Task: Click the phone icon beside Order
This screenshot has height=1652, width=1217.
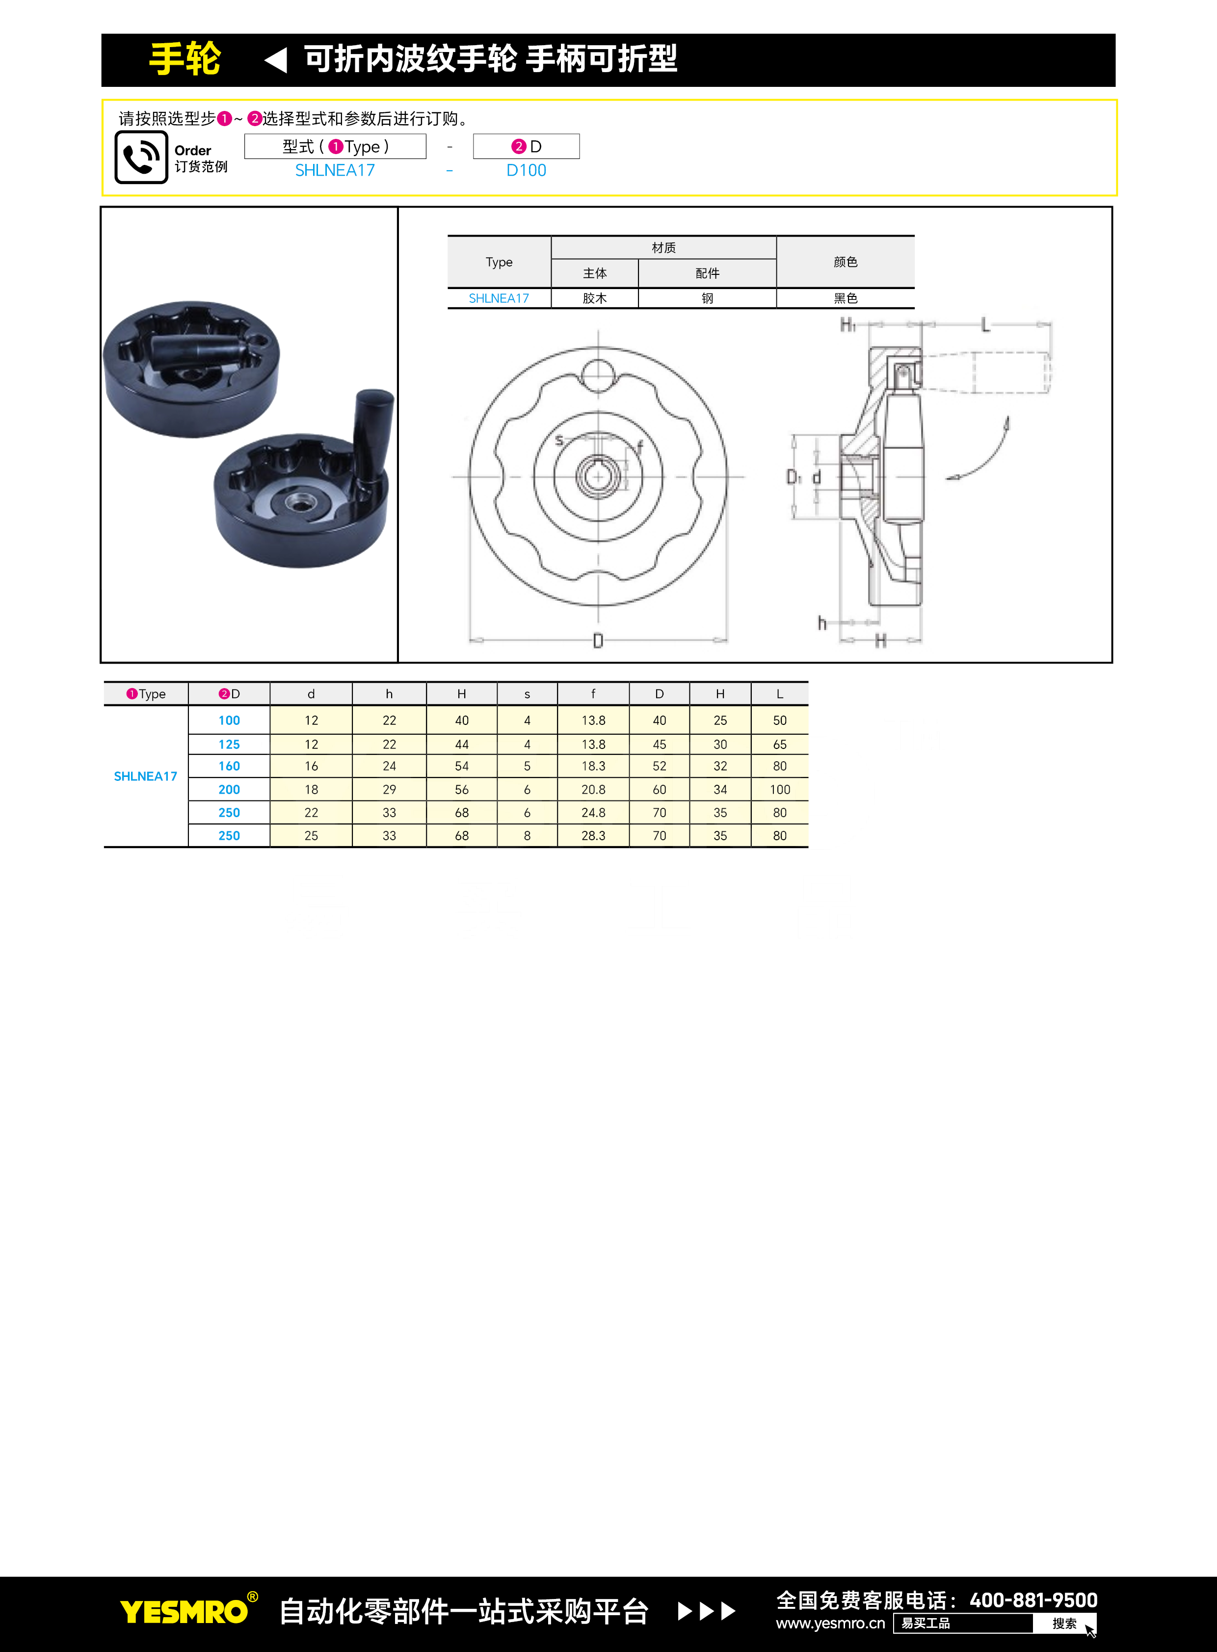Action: [141, 157]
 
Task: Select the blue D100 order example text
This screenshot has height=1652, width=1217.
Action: [526, 170]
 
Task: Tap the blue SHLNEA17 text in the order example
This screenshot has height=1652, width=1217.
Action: [335, 170]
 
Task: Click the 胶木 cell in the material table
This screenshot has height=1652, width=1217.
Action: [594, 298]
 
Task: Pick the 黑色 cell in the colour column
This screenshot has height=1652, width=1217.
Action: [845, 298]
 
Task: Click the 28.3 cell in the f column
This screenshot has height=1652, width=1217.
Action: [593, 836]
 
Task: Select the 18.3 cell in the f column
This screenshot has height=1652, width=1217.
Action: [593, 766]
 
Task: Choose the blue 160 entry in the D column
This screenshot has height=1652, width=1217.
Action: [229, 766]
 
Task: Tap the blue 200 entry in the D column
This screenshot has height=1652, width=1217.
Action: [229, 789]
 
